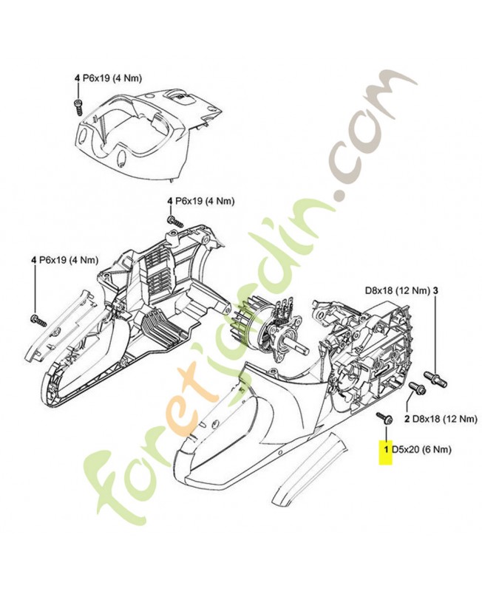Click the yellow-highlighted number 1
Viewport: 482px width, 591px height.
[386, 450]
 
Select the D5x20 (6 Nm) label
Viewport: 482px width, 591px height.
[421, 450]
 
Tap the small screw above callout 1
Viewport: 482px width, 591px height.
[385, 417]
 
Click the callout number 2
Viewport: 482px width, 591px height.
[407, 419]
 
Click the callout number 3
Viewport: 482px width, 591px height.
[435, 290]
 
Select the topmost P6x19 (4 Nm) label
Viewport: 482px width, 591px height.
[108, 78]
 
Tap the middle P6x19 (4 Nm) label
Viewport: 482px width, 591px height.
[201, 201]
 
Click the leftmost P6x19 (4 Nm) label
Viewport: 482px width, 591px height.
[65, 260]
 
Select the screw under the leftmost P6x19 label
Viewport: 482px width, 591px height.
[38, 321]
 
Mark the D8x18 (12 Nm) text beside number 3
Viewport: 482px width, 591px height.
[398, 290]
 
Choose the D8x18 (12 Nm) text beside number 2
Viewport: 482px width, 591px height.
[444, 419]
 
